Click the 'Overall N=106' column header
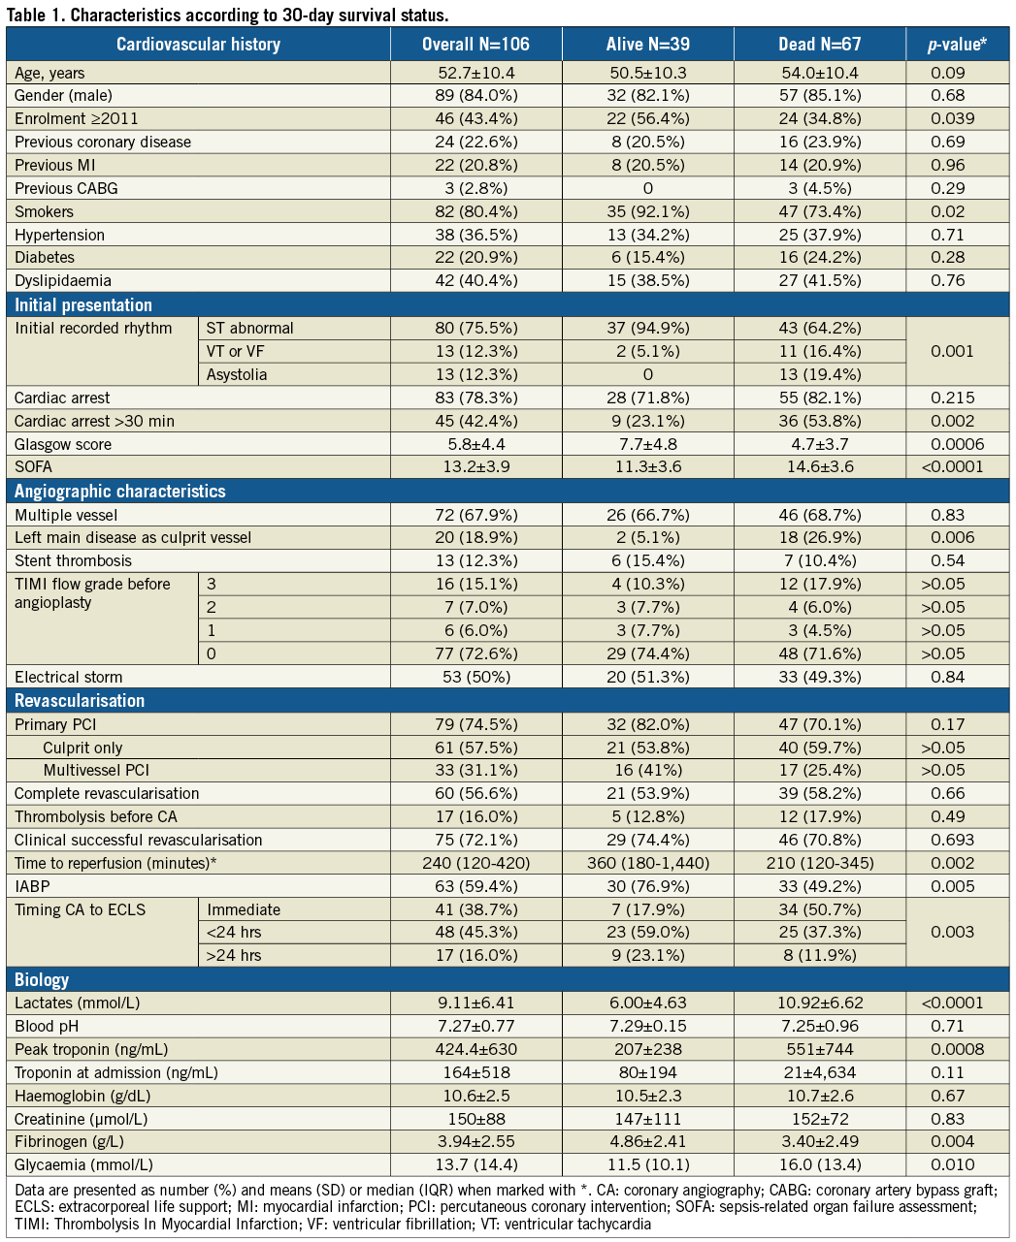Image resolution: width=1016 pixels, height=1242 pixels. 476,45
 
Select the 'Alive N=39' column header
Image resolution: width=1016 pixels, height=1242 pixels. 647,45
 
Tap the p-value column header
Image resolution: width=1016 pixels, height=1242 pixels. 957,45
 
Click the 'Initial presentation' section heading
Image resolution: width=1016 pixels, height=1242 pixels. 83,305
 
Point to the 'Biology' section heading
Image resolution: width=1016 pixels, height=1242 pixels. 42,979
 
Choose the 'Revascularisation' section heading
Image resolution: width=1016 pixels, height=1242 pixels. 80,701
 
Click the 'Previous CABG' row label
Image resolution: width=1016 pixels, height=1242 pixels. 66,188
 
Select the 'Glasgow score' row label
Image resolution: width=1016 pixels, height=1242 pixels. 63,444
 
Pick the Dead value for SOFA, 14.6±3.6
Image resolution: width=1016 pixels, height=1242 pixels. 820,466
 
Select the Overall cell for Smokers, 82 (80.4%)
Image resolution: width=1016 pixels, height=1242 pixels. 476,211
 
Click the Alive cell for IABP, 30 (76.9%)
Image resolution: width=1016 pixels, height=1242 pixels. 647,886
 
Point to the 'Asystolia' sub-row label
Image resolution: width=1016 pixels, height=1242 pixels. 237,374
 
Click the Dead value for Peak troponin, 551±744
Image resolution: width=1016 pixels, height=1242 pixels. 820,1049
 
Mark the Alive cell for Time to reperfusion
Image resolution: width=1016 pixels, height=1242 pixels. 647,863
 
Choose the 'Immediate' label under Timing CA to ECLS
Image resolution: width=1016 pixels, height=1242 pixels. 244,909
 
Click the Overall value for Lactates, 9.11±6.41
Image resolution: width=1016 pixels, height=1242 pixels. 476,1003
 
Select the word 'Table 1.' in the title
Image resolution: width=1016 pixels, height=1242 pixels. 36,15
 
